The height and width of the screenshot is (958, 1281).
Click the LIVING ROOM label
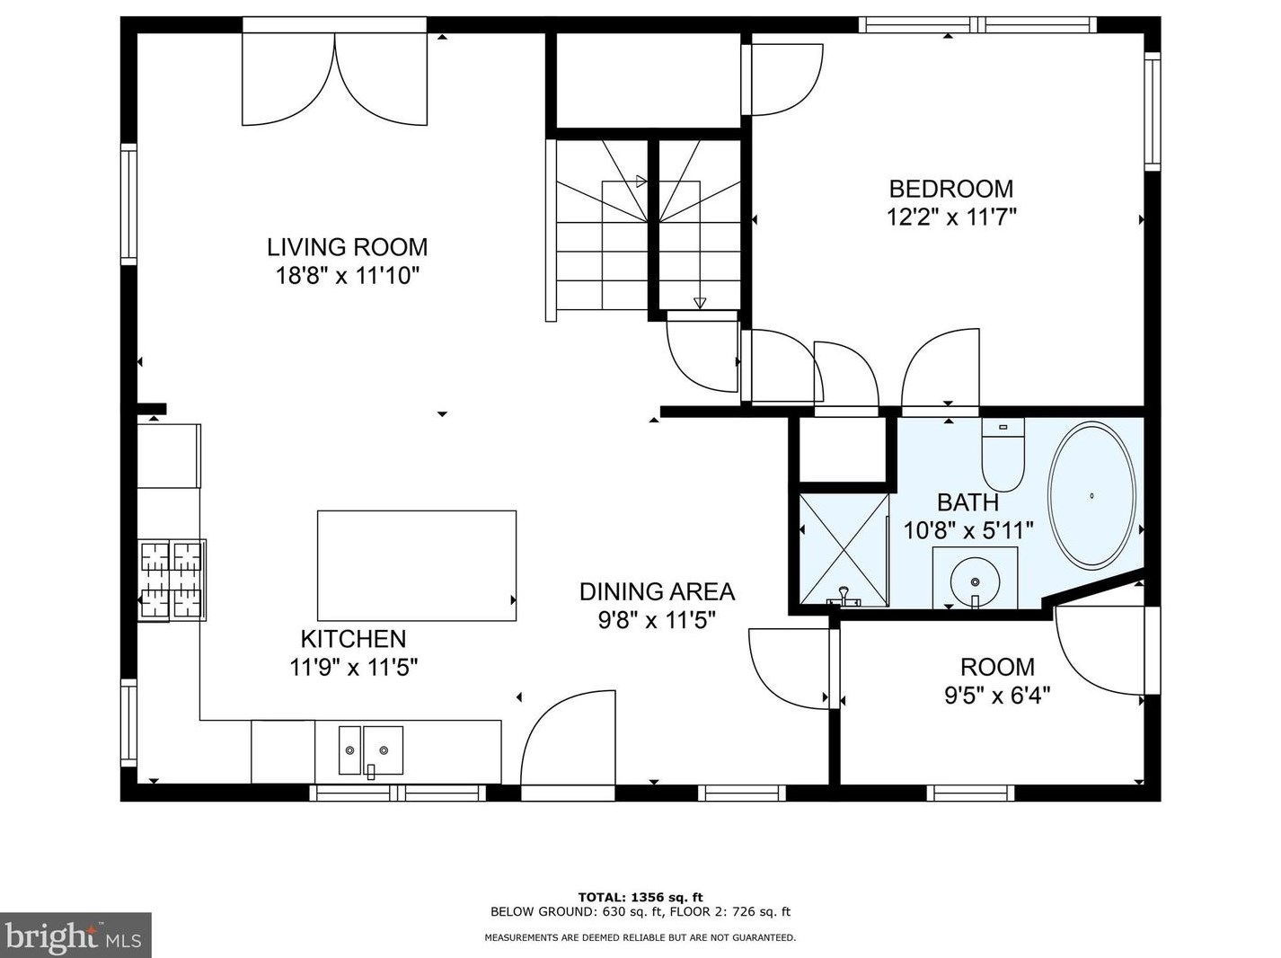click(348, 247)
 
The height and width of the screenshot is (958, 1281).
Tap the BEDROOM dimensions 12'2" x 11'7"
click(951, 217)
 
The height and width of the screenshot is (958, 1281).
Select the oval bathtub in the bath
click(1091, 496)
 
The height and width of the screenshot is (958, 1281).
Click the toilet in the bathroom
click(1003, 455)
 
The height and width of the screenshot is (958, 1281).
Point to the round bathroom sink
click(976, 581)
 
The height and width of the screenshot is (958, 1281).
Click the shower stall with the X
click(844, 549)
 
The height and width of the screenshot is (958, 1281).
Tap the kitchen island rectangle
click(417, 565)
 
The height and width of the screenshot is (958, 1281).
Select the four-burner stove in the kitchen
click(172, 580)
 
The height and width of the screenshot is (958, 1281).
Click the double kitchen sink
click(371, 750)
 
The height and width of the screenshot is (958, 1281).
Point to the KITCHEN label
click(353, 639)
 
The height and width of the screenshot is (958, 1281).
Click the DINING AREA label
click(657, 592)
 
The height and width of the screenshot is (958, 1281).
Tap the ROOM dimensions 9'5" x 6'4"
click(997, 696)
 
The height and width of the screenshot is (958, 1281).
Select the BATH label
click(967, 502)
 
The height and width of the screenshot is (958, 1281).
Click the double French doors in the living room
click(334, 79)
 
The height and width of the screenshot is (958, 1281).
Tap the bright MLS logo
click(75, 936)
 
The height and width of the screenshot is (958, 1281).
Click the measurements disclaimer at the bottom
click(640, 937)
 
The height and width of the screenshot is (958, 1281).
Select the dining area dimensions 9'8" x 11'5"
click(657, 619)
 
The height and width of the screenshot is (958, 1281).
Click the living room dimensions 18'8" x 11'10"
click(348, 275)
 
